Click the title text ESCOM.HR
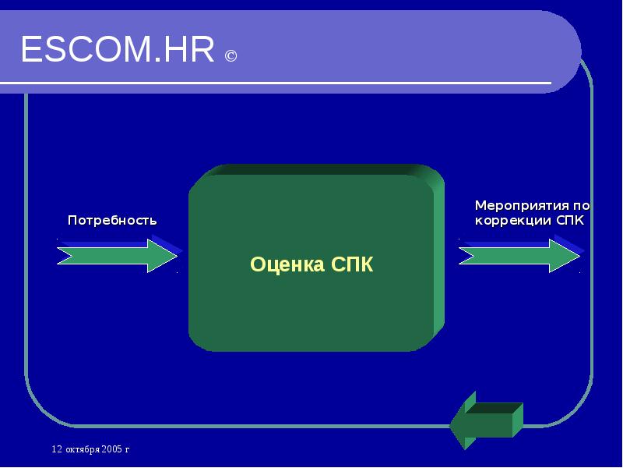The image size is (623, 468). click(x=117, y=51)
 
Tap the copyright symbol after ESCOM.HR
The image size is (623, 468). click(x=231, y=56)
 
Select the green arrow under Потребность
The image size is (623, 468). click(x=117, y=256)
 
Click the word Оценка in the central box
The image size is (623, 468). click(x=287, y=264)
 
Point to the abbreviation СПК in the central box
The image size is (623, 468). click(x=352, y=264)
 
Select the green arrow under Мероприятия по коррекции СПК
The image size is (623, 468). click(x=519, y=256)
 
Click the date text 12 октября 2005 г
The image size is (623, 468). click(x=90, y=450)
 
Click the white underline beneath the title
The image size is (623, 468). click(x=288, y=83)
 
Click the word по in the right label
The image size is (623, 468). click(x=580, y=206)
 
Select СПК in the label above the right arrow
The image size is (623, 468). click(x=569, y=220)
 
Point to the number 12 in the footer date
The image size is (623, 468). click(x=56, y=450)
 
